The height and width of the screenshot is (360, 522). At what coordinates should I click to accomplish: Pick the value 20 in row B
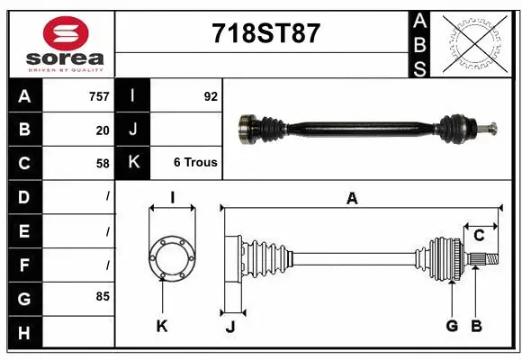point(102,130)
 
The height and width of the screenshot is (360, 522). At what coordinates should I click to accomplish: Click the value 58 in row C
point(102,164)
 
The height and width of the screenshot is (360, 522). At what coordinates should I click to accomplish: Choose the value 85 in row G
point(102,295)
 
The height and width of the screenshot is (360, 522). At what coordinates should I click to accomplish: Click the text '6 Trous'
point(195,164)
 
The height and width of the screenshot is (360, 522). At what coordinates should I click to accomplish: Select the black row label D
point(23,196)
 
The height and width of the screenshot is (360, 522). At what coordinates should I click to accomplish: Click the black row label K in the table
point(133,163)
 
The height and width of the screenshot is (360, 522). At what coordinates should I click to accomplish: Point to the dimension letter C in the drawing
point(479,236)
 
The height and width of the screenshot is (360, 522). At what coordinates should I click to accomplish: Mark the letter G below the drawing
point(452,326)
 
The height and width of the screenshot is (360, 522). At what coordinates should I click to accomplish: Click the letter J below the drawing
point(229,327)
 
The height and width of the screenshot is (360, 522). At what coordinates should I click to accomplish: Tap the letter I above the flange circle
point(172,196)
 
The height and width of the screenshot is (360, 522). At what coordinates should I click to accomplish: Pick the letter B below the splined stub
point(477,326)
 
